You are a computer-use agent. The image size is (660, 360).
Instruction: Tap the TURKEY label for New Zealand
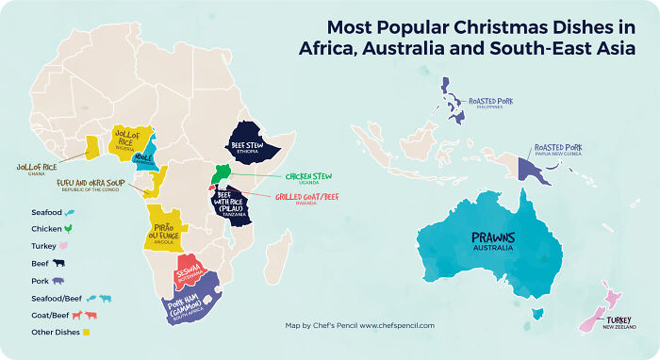tap(619, 319)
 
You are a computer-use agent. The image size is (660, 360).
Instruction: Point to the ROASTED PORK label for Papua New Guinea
tap(558, 148)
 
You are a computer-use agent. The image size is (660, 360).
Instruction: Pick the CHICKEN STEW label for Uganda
tap(309, 175)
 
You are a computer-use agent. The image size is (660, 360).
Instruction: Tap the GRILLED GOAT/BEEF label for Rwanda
tap(306, 197)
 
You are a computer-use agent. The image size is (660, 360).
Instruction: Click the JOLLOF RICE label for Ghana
tap(37, 167)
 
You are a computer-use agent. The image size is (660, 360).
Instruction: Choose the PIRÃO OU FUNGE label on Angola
tap(166, 230)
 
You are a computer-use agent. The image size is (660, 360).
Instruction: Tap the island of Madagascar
tap(276, 256)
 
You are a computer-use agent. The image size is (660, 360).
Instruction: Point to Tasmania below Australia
tap(540, 313)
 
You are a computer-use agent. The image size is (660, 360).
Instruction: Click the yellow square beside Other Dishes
tap(87, 332)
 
